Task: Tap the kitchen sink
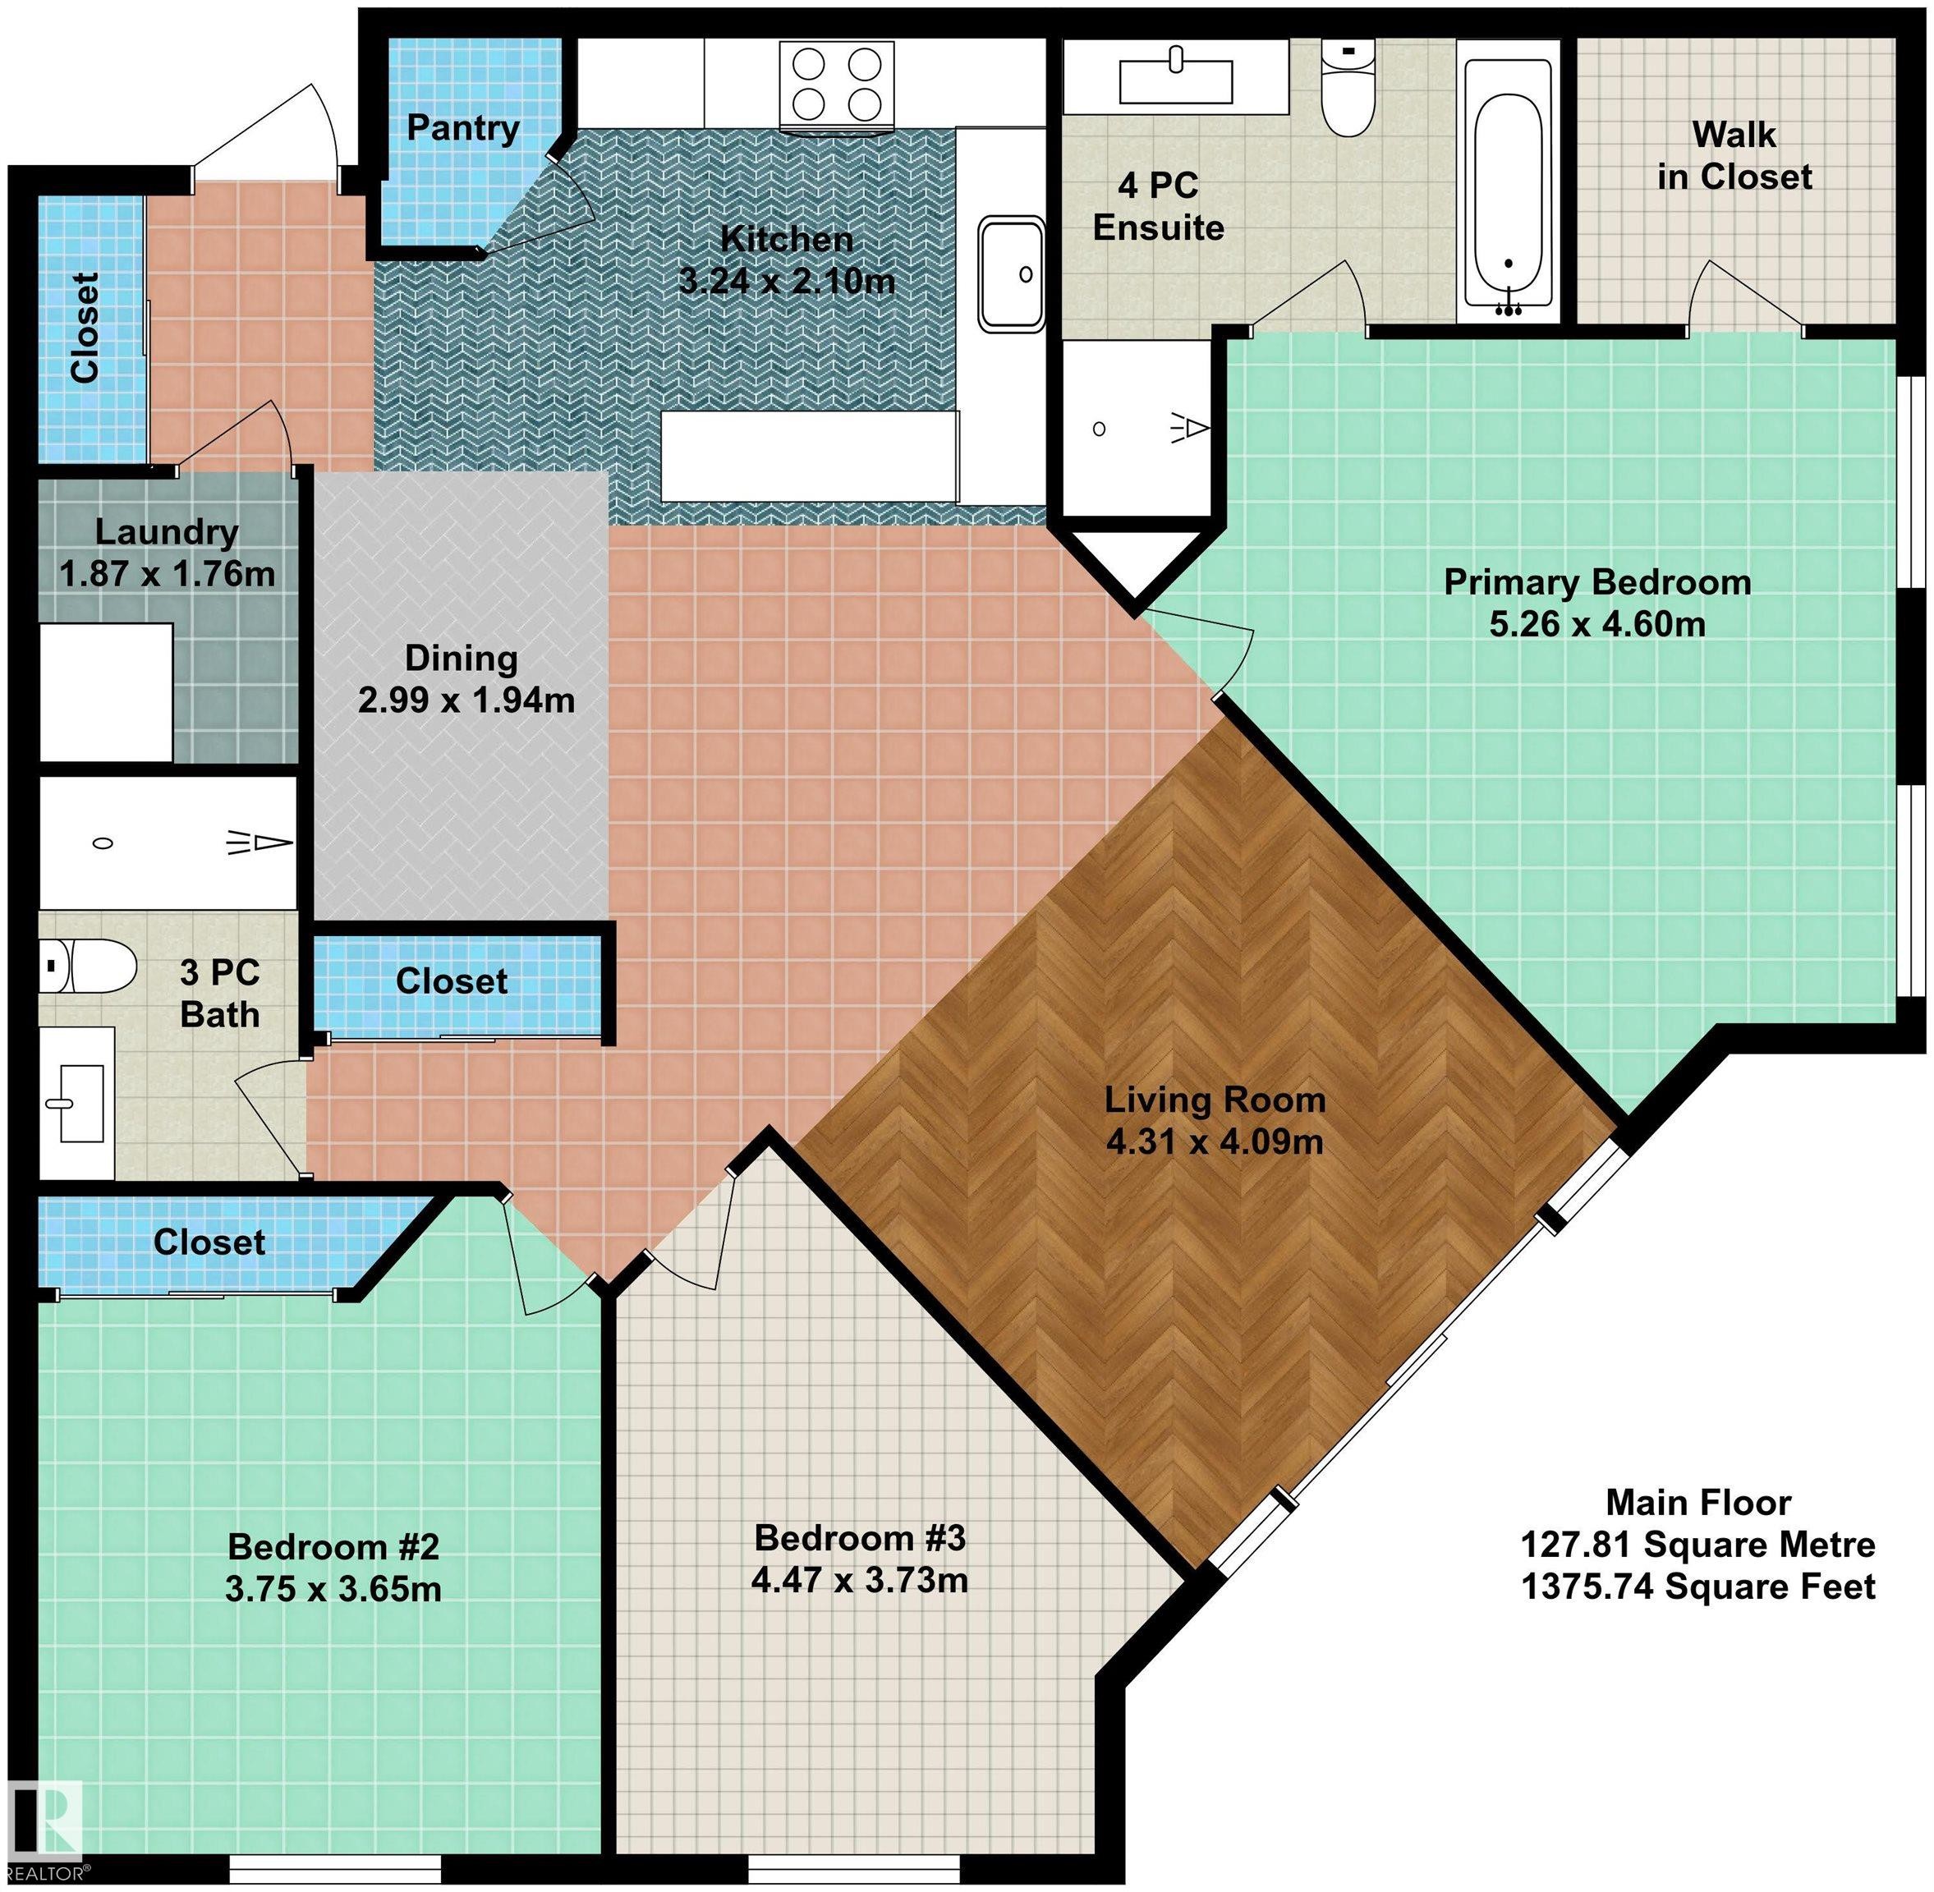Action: click(1012, 273)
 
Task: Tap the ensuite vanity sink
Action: click(1176, 77)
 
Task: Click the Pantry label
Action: click(463, 128)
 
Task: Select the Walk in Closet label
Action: click(1734, 155)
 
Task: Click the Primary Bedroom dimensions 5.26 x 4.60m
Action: click(1597, 624)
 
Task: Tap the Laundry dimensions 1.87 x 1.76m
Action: click(167, 574)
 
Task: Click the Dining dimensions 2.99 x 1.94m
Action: click(466, 700)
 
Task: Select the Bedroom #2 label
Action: click(333, 1546)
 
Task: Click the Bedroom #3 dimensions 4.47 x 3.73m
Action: click(860, 1579)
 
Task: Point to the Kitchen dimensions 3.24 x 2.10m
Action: click(786, 281)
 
